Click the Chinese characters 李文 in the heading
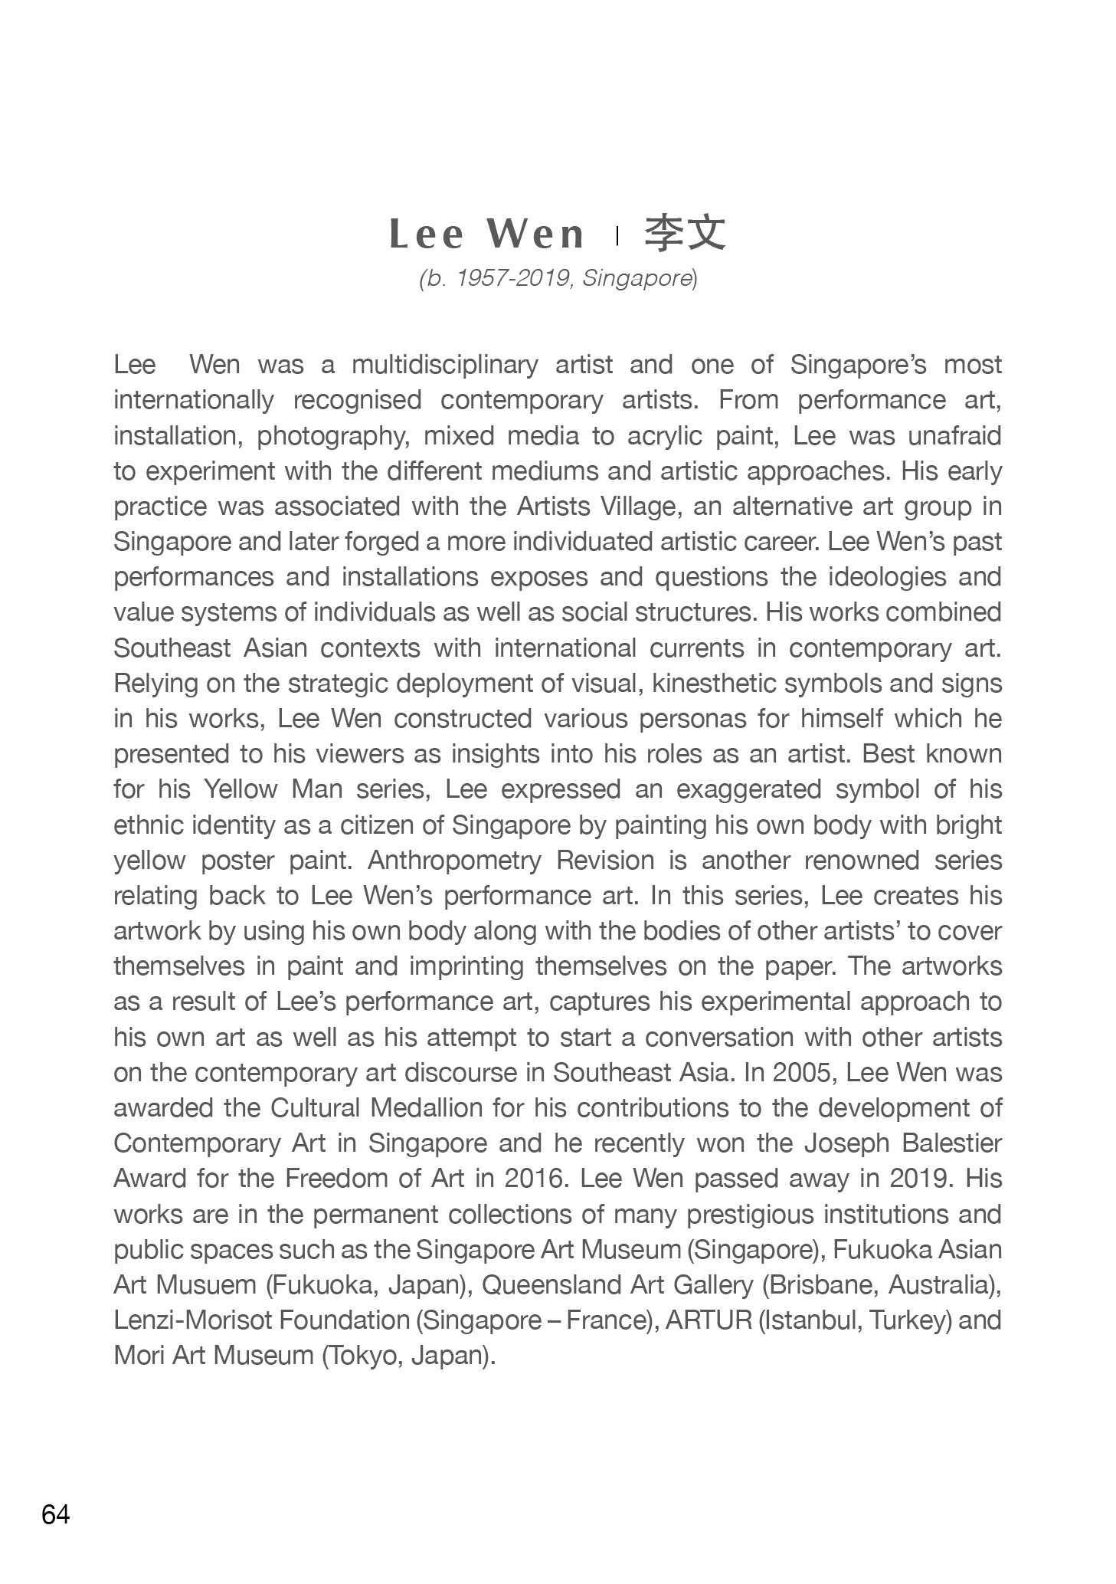tap(684, 233)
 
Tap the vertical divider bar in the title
tap(617, 235)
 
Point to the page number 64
tap(56, 1515)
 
